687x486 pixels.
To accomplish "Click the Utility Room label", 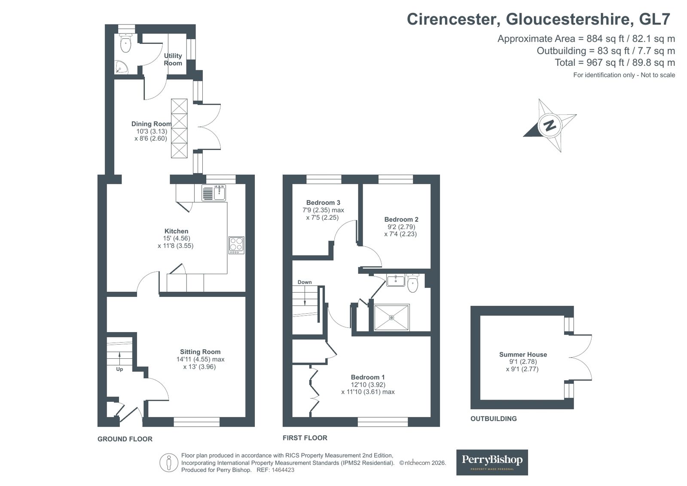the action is coord(173,60).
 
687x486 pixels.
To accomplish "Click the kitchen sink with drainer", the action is coord(214,193).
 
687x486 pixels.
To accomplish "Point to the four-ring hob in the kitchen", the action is coord(236,245).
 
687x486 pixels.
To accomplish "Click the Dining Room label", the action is coord(151,124).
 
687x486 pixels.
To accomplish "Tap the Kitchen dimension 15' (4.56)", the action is coord(177,238).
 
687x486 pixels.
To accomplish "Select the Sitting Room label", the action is coord(200,352).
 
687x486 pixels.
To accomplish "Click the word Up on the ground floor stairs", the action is coord(119,369).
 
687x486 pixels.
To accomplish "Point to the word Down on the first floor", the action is coord(305,282).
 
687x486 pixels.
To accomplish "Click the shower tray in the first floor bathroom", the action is coord(392,318).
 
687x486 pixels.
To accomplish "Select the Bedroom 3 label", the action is coord(323,202).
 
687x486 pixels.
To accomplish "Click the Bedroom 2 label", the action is coord(401,220).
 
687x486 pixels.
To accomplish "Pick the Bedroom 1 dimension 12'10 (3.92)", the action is coord(368,385).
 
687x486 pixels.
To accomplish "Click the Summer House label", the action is coord(523,355).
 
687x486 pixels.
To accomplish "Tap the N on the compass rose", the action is coord(550,125).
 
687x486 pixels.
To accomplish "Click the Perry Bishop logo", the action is coord(492,462).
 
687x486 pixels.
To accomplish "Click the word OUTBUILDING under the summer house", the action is coord(494,419).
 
